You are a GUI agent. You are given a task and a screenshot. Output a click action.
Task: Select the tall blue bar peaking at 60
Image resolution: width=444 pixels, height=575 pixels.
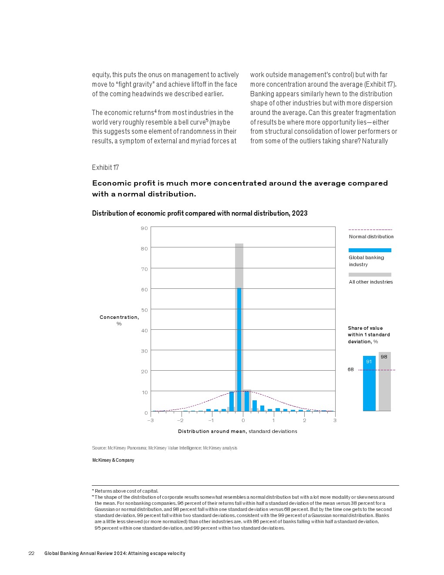(x=239, y=348)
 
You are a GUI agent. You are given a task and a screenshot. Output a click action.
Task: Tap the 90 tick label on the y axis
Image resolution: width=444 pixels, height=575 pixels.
(x=144, y=228)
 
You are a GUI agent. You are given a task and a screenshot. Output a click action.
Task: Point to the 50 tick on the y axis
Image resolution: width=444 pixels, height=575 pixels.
(x=144, y=310)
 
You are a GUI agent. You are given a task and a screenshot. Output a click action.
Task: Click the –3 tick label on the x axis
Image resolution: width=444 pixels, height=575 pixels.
(x=150, y=420)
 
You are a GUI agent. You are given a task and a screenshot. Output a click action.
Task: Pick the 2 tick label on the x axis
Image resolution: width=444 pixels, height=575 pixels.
(x=304, y=420)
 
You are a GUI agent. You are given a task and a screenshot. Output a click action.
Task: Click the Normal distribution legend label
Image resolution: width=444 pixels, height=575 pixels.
(x=371, y=237)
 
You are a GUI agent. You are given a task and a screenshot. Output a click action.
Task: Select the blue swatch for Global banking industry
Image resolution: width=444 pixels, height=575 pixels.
(x=370, y=250)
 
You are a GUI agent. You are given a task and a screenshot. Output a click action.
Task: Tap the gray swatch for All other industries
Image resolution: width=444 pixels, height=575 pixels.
(x=370, y=274)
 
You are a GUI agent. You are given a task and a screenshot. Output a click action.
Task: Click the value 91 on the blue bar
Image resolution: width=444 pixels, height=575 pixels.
(x=369, y=362)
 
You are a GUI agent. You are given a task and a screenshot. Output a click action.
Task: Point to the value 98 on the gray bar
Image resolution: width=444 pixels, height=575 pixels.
(x=383, y=357)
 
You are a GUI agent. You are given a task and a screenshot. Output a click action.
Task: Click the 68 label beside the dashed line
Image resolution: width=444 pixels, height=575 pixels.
(x=350, y=370)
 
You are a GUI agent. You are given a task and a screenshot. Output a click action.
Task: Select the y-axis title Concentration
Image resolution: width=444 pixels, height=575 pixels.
(x=119, y=317)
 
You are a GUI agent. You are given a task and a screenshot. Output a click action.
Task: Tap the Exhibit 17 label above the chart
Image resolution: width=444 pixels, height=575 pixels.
(x=105, y=168)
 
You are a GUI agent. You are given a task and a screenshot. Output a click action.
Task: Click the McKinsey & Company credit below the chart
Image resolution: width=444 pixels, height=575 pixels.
(x=113, y=460)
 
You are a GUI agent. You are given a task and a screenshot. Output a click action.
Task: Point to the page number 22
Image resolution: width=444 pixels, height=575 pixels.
(x=31, y=553)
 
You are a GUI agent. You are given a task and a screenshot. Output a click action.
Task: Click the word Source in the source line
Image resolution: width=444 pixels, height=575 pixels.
(x=98, y=448)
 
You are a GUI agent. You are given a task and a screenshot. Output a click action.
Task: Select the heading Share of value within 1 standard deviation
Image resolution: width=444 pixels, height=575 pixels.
(x=368, y=335)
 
